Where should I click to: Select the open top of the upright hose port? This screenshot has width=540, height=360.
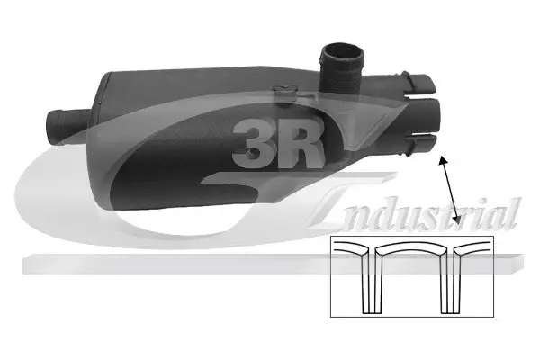click(x=342, y=52)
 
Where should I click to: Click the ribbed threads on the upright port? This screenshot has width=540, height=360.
click(x=341, y=76)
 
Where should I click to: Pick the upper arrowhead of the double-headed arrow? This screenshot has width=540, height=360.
click(x=442, y=158)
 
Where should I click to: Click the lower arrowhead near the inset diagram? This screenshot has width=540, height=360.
click(x=457, y=219)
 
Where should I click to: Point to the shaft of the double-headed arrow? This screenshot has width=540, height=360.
click(x=449, y=189)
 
